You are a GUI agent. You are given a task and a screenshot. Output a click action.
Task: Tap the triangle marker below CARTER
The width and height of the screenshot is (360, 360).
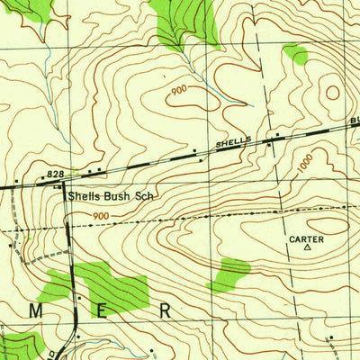(308, 247)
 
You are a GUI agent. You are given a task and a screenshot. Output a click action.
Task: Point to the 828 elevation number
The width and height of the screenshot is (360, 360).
(55, 172)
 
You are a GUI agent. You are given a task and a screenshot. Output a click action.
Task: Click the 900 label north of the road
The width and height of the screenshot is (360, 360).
(177, 90)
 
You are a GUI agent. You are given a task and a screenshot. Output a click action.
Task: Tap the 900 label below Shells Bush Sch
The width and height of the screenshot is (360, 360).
(101, 216)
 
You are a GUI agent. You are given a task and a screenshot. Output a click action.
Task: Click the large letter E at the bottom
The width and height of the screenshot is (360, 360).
(101, 310)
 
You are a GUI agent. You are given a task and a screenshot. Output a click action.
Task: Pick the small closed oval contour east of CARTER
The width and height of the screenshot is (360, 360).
(329, 225)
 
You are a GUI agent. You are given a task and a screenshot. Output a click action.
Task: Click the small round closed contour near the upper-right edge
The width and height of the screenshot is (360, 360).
(333, 91)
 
